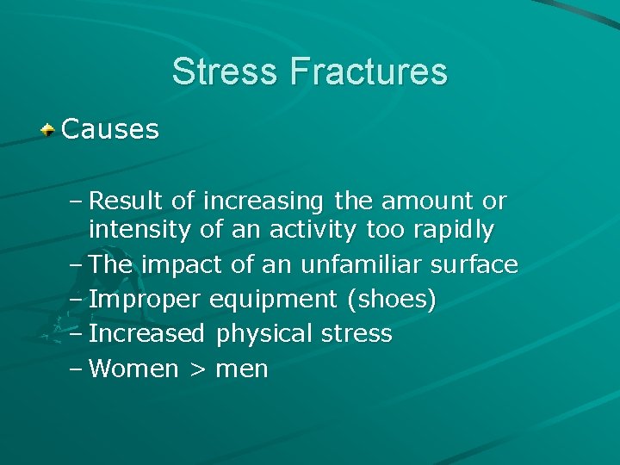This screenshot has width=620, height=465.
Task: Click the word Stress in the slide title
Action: (226, 71)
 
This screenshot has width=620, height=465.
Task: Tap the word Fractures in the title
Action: (369, 71)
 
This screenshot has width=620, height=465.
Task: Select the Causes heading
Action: (110, 130)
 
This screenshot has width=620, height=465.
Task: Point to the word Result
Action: (127, 201)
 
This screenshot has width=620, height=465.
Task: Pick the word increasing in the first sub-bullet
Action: (263, 201)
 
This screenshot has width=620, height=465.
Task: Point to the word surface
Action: (479, 265)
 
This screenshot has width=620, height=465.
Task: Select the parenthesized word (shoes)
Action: (391, 300)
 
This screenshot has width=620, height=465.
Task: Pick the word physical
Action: (267, 334)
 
